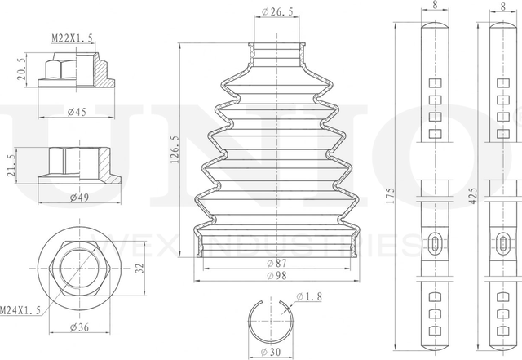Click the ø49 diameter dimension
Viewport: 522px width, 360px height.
pos(78,197)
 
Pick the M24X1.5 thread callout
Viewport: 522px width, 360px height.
pos(22,309)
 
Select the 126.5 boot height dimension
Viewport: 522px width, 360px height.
pos(175,149)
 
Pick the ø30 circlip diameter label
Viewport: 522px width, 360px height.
pos(276,352)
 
